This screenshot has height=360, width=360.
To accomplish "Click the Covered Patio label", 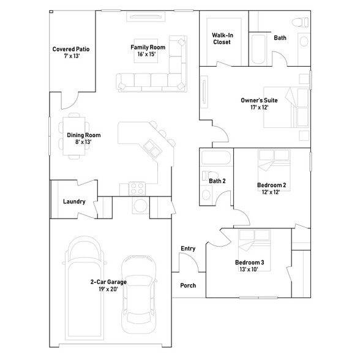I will pyautogui.click(x=71, y=49).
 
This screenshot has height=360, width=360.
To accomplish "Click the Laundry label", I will pyautogui.click(x=74, y=202).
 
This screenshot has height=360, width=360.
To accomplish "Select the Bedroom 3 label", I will pyautogui.click(x=250, y=263).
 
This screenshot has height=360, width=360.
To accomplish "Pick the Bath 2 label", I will pyautogui.click(x=217, y=181).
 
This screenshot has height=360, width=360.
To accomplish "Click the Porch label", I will pyautogui.click(x=188, y=285).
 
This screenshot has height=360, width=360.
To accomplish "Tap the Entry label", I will pyautogui.click(x=188, y=248).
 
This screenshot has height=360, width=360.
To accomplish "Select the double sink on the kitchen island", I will pyautogui.click(x=152, y=148).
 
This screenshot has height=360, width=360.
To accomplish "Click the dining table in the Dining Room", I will pyautogui.click(x=74, y=135).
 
